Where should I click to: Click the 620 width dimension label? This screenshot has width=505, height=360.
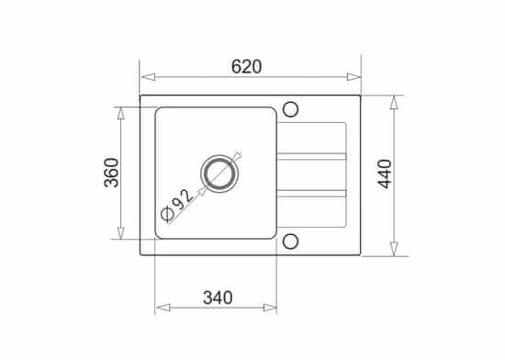pyautogui.click(x=246, y=67)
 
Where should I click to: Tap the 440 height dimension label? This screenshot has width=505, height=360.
pyautogui.click(x=385, y=174)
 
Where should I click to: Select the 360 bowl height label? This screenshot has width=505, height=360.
pyautogui.click(x=111, y=173)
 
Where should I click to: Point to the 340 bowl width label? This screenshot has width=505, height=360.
pyautogui.click(x=218, y=298)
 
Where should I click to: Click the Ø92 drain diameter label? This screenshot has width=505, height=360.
pyautogui.click(x=177, y=205)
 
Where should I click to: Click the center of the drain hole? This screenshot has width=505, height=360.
pyautogui.click(x=220, y=174)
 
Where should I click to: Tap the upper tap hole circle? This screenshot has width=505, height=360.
pyautogui.click(x=290, y=109)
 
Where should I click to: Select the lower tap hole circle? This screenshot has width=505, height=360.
pyautogui.click(x=290, y=242)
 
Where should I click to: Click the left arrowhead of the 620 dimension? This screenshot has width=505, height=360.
pyautogui.click(x=148, y=77)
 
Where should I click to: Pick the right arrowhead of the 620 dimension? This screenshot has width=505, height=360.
pyautogui.click(x=353, y=77)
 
